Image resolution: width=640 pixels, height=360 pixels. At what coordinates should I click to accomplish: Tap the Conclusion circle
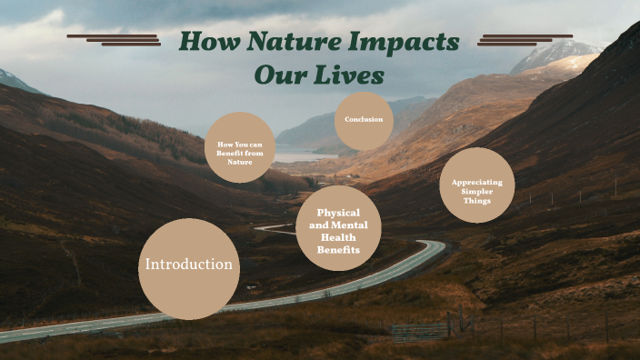[364, 120]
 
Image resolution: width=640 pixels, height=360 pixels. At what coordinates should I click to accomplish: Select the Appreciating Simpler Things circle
[477, 185]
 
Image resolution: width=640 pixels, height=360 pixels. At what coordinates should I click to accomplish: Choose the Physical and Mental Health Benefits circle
[338, 229]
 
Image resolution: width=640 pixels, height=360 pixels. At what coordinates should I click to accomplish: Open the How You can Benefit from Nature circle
[240, 147]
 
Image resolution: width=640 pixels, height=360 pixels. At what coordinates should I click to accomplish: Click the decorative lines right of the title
[525, 39]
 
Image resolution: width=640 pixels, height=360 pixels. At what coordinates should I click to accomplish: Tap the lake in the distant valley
[295, 156]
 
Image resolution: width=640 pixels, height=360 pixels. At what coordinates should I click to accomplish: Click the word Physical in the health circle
[338, 213]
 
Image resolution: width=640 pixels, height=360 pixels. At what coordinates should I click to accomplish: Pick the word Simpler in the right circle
[477, 191]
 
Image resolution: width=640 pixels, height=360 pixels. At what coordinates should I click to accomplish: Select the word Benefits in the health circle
[338, 249]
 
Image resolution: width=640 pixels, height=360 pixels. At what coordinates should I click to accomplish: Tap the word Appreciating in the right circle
[477, 182]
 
